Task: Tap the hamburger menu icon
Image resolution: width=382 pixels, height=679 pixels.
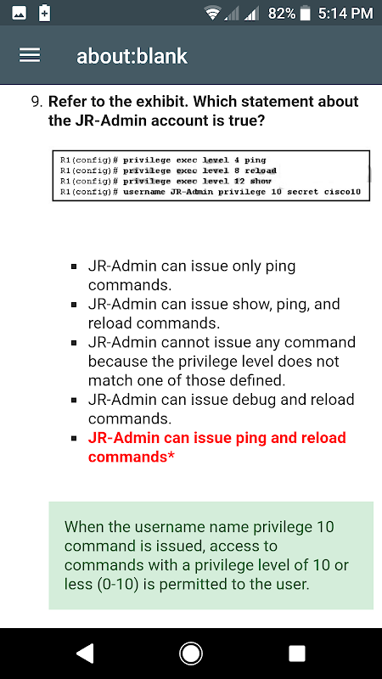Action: click(x=30, y=55)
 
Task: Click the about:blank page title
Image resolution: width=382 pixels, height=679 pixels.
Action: click(x=132, y=56)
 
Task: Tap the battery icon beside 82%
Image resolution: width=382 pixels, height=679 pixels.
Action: click(x=306, y=14)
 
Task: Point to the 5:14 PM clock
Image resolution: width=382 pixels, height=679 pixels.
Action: click(x=345, y=14)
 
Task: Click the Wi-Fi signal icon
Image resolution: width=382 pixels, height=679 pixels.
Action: click(x=213, y=14)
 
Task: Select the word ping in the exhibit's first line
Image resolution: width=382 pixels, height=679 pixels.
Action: click(x=256, y=160)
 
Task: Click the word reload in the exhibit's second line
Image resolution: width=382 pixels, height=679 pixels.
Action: click(x=261, y=171)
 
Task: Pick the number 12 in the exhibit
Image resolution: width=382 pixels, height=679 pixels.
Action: click(x=239, y=181)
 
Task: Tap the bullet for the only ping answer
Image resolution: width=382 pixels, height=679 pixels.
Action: click(x=75, y=267)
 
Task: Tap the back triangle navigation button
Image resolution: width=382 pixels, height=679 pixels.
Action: click(x=86, y=654)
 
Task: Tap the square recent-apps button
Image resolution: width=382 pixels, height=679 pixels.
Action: click(x=296, y=654)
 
